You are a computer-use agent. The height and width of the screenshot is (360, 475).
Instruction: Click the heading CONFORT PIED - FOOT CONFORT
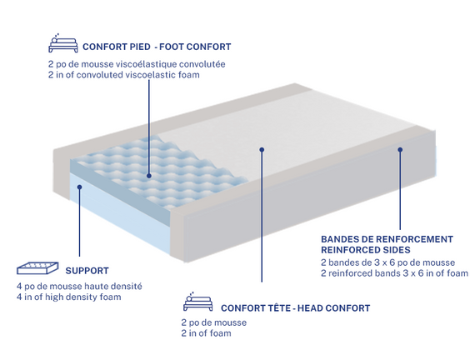click(157, 47)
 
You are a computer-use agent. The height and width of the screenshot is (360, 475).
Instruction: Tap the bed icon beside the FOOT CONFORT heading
click(63, 43)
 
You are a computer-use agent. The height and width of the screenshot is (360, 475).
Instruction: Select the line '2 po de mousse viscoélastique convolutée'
click(137, 64)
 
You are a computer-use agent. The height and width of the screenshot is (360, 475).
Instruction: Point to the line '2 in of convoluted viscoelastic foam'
click(124, 75)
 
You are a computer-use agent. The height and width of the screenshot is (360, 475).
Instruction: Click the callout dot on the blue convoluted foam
click(148, 176)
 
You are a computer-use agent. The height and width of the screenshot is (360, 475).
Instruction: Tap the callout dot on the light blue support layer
click(79, 187)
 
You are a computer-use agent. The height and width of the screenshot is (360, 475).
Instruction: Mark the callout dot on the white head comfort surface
click(262, 150)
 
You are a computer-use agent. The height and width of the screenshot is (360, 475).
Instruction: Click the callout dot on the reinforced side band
click(400, 150)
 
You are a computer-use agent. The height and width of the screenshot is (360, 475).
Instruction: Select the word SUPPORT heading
click(87, 271)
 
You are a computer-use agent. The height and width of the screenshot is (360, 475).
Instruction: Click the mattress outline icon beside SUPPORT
click(37, 268)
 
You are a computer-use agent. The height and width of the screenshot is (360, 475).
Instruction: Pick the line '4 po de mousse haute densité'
click(79, 287)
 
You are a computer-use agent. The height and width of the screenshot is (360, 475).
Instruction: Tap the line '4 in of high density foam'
click(69, 297)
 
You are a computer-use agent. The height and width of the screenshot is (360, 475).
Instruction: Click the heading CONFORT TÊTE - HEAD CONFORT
click(295, 308)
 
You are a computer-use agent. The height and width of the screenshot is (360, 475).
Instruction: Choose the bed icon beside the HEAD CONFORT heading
click(197, 302)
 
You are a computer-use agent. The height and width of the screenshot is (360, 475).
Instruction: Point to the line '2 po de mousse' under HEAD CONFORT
click(214, 322)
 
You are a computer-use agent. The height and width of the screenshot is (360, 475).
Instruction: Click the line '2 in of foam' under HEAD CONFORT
click(206, 333)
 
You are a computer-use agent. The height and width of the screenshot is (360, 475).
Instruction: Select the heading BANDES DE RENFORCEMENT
click(387, 239)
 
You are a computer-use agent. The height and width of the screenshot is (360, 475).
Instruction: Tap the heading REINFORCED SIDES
click(366, 250)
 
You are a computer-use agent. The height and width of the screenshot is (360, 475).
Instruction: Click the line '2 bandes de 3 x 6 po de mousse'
click(387, 262)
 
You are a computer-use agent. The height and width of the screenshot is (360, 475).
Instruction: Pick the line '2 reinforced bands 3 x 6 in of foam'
click(394, 273)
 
